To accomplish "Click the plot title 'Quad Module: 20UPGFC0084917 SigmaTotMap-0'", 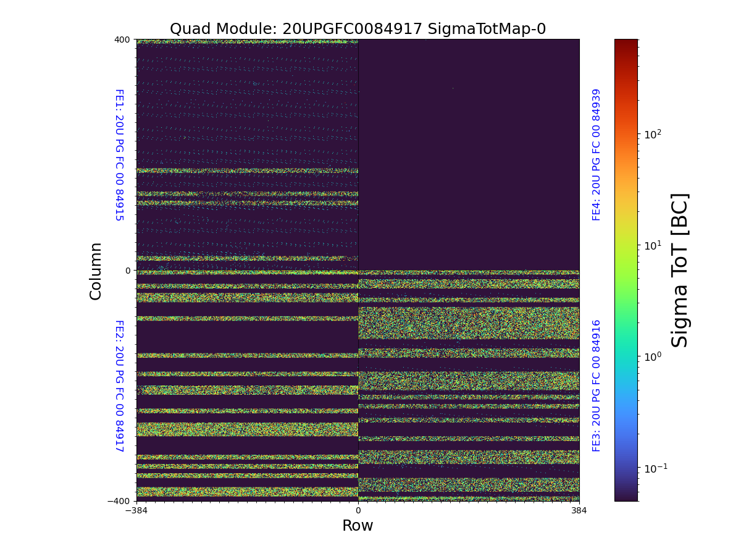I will (x=358, y=29).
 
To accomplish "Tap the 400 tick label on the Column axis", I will (x=122, y=40).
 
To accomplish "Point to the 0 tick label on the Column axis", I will (x=128, y=271).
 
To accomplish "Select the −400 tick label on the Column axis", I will (x=120, y=501).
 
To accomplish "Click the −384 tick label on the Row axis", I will (x=136, y=511).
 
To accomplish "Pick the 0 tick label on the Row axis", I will (x=358, y=511).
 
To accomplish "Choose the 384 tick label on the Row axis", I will (x=579, y=511).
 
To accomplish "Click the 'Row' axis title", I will (x=358, y=526).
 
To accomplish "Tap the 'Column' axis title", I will (x=96, y=271).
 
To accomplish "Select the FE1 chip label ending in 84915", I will (x=119, y=155).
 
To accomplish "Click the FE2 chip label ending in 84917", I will (x=119, y=385).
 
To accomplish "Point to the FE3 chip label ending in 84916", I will (x=597, y=385).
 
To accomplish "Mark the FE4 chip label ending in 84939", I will (x=597, y=154).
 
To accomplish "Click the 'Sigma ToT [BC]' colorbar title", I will (x=680, y=270).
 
